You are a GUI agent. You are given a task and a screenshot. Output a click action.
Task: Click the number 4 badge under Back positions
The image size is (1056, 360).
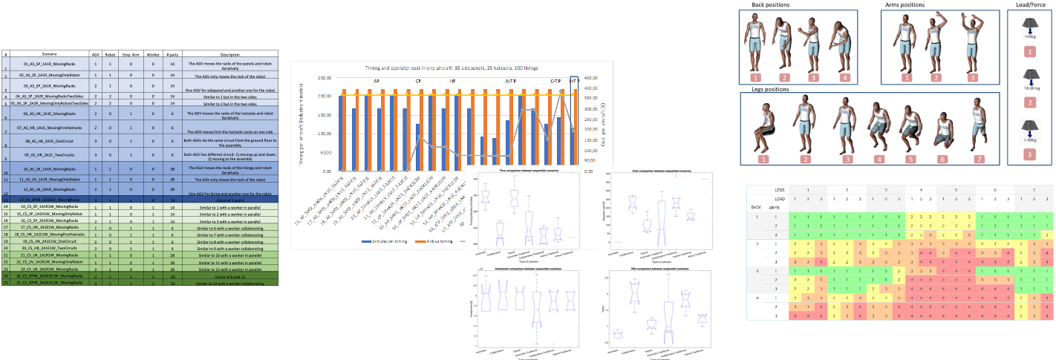(844, 76)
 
